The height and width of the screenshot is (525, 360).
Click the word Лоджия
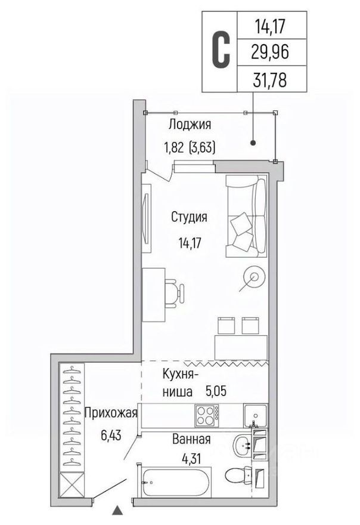pyautogui.click(x=190, y=125)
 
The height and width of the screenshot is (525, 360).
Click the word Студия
pyautogui.click(x=189, y=217)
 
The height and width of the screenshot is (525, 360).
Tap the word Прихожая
pyautogui.click(x=111, y=413)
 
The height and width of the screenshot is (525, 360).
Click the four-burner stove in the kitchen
pyautogui.click(x=207, y=413)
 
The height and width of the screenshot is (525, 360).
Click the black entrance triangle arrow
pyautogui.click(x=117, y=510)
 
